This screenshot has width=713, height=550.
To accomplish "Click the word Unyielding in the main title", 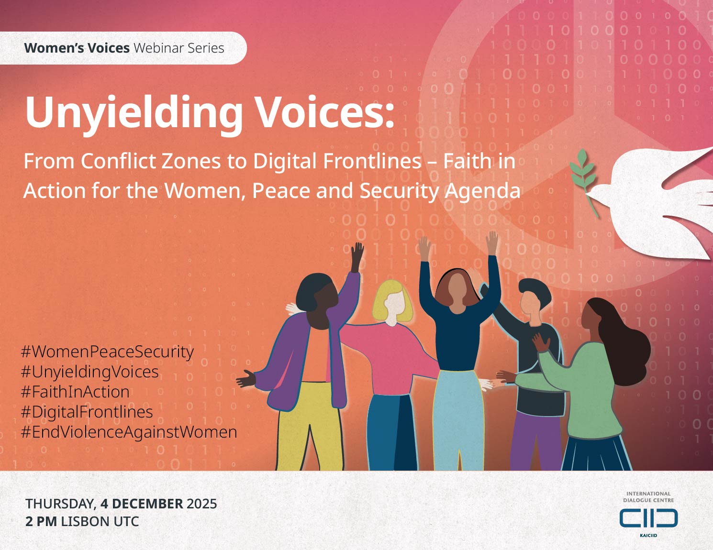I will point(134,112).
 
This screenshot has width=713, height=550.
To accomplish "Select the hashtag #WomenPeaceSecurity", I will point(108,352).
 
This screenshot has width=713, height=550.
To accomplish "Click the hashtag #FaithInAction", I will point(76,392).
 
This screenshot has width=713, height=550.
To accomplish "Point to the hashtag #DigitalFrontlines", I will point(87,412).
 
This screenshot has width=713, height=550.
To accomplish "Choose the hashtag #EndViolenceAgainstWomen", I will point(129,432).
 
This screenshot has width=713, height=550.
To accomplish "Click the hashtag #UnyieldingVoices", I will point(90,372).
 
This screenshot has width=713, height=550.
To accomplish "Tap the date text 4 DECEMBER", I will point(142,504).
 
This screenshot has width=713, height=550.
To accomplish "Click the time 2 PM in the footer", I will point(41,521).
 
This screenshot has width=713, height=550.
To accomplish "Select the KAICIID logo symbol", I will point(648,518).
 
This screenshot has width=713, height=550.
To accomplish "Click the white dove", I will point(660,201).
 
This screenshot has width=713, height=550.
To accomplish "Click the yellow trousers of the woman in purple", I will point(309,426).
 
